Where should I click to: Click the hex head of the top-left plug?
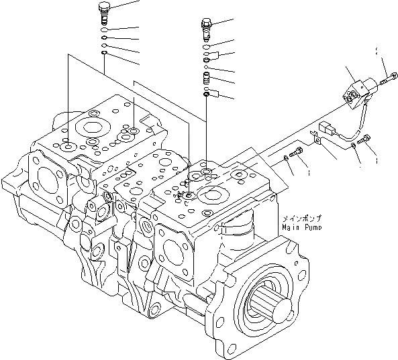[x=105, y=10]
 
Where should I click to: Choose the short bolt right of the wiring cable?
[x=364, y=139]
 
